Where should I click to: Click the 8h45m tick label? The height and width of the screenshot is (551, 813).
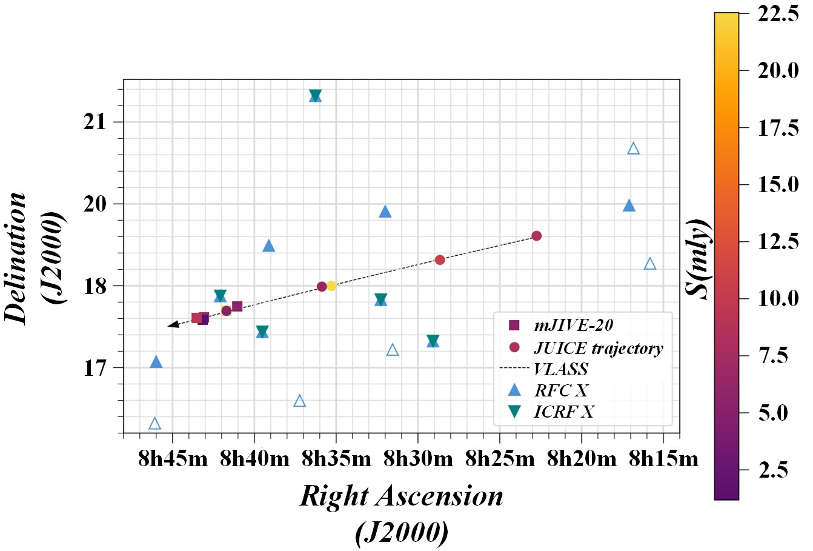tap(173, 459)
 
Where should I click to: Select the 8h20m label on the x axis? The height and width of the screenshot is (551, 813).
tap(582, 459)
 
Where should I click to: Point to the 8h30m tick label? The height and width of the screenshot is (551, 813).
tap(418, 459)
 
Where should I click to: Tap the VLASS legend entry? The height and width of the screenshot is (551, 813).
tap(560, 369)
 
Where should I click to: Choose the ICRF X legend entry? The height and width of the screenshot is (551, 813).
tap(564, 412)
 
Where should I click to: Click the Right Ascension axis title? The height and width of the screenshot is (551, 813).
tap(402, 496)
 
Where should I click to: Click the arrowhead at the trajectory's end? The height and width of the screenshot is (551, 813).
tap(172, 326)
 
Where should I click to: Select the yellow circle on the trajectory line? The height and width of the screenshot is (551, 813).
tap(331, 286)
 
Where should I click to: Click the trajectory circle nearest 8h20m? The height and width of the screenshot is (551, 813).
tap(536, 236)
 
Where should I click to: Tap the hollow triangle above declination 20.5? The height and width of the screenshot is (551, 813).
tap(633, 149)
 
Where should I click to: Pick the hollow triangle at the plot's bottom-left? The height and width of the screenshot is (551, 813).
tap(155, 424)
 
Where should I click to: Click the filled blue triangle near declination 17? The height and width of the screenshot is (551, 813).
tap(156, 362)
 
